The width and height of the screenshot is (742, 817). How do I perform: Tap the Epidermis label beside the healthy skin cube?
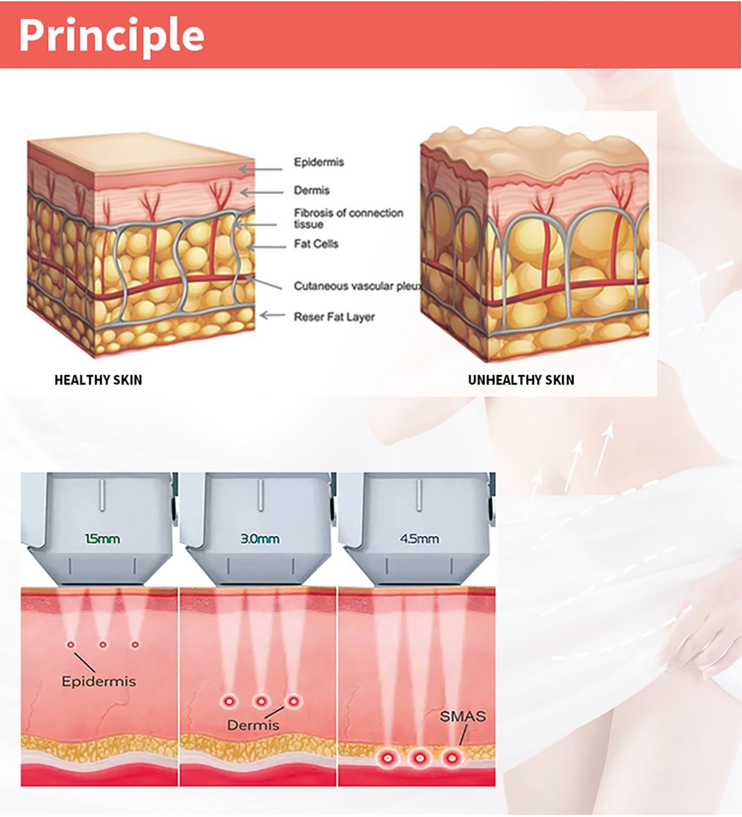319,162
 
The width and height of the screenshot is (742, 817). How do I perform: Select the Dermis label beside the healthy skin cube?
312,190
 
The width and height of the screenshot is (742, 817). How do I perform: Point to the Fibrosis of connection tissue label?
348,219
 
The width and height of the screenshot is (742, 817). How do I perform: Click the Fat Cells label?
316,244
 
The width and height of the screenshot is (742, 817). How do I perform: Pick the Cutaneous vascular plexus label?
357,286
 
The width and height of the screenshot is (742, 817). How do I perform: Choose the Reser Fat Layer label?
334,317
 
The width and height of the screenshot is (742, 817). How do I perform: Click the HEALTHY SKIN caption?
98,380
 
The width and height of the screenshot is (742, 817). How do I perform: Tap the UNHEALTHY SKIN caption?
521,380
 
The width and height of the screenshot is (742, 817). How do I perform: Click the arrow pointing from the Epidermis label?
260,169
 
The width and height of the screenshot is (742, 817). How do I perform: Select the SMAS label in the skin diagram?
462,716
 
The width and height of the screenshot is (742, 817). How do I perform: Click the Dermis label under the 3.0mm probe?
253,725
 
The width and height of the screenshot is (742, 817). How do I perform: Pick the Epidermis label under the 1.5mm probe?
99,681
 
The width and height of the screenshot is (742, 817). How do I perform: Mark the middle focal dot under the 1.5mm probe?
102,644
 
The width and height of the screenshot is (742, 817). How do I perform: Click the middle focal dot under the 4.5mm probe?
419,758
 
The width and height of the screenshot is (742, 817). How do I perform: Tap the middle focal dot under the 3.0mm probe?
260,702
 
